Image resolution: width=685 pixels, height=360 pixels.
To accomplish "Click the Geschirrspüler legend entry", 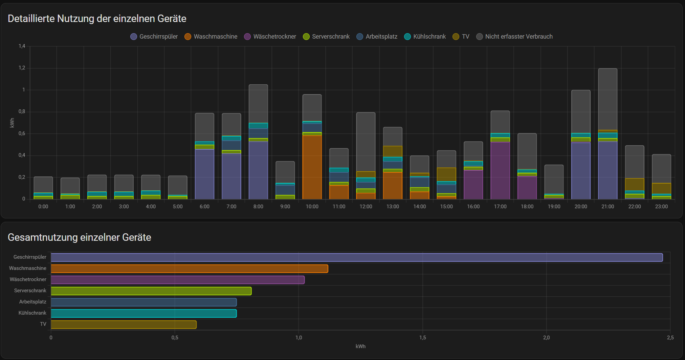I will point(154,37).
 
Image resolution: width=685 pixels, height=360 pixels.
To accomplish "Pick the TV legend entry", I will point(461,37).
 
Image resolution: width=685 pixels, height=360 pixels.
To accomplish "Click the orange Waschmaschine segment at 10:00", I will point(312,167).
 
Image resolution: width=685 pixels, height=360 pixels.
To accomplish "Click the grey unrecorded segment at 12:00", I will point(366,142).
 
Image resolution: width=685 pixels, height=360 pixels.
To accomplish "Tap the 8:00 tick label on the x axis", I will point(258,207).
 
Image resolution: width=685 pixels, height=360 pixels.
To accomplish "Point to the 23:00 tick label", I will point(661,207).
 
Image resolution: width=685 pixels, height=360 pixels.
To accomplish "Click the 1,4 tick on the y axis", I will point(22,46).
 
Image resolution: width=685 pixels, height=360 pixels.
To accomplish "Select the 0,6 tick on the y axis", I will point(22,133).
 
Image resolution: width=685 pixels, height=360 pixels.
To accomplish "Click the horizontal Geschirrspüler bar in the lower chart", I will point(357,257).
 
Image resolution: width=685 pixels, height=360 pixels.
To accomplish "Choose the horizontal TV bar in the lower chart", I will point(124,324).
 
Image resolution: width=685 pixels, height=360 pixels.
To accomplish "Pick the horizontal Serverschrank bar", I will point(151,291).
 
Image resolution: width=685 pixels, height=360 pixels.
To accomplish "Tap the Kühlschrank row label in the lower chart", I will point(32,313).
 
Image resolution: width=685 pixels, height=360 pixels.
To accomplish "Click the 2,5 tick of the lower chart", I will point(670,338).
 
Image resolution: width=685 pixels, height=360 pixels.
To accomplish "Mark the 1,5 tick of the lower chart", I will point(422,338).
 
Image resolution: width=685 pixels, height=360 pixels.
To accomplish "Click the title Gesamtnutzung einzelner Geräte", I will point(80,237).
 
